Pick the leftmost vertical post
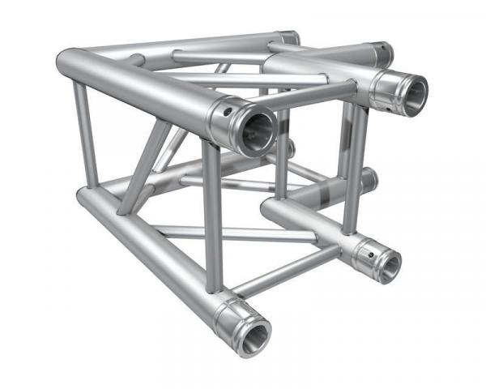coord(87,134)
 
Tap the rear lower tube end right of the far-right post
coord(369,177)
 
